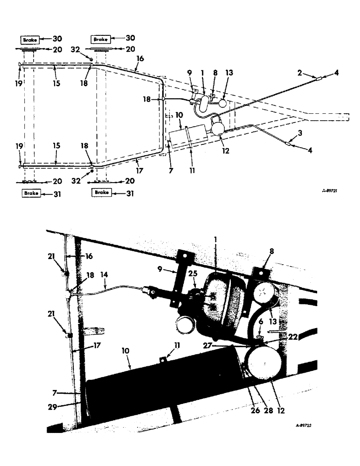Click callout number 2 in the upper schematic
[300, 74]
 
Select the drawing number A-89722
[305, 425]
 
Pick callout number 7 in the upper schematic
[171, 171]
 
